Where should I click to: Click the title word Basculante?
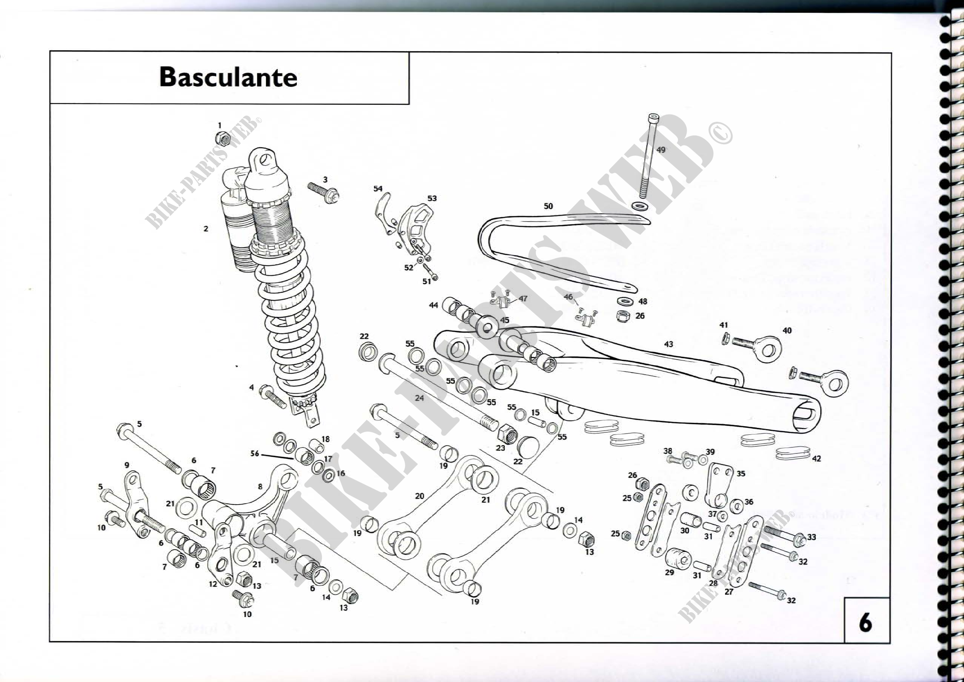228,77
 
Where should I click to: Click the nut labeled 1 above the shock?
223,138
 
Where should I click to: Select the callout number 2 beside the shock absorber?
206,229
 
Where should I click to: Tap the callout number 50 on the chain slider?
548,206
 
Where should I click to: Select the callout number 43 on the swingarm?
668,344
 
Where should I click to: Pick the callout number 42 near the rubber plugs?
816,458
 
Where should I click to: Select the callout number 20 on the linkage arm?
420,496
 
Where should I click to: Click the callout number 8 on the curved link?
260,486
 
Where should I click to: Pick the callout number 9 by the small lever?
127,465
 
